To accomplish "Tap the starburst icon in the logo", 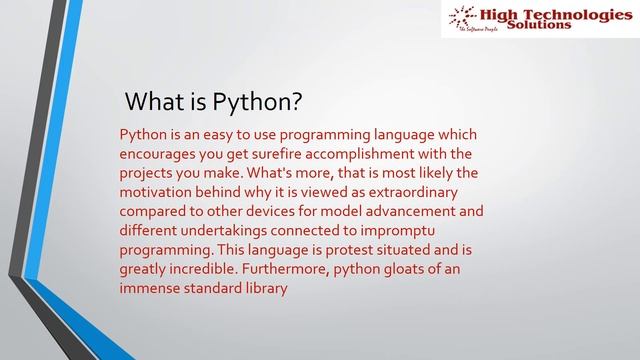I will click(x=464, y=19).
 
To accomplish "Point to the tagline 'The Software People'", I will click(x=477, y=32).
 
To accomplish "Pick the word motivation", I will click(x=160, y=191).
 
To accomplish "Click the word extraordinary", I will click(x=401, y=191).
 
